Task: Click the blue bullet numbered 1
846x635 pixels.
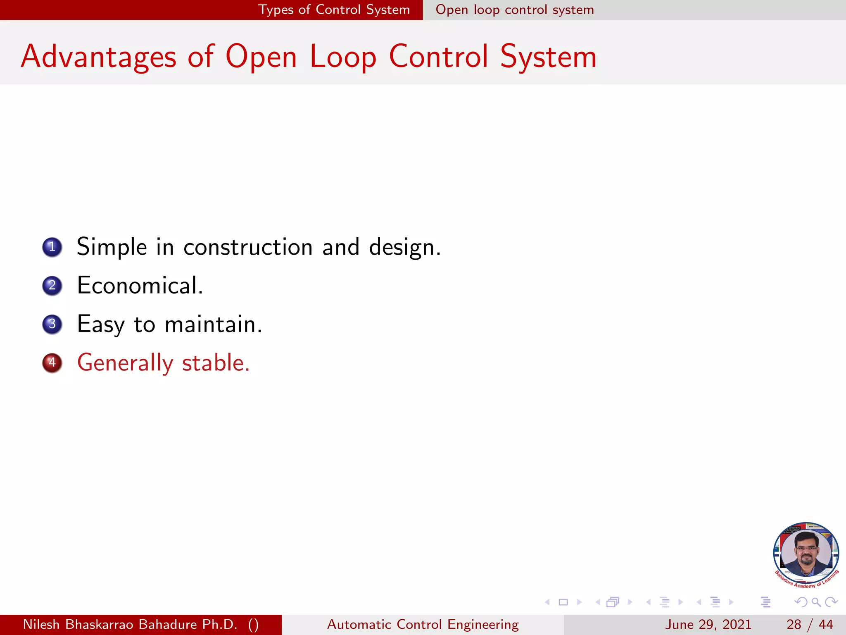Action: (52, 247)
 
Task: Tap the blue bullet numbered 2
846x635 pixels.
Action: (52, 286)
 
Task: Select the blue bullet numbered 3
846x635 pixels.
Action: (52, 324)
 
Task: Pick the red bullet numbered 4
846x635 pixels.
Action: (52, 363)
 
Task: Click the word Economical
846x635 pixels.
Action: (140, 286)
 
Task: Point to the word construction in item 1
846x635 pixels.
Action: (248, 247)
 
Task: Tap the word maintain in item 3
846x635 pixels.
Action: (213, 324)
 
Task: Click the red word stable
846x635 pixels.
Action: (216, 363)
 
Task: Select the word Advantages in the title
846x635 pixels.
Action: (99, 57)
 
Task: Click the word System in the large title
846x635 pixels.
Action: (548, 57)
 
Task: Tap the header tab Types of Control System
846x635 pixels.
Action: (334, 10)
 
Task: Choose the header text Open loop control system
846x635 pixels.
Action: (515, 10)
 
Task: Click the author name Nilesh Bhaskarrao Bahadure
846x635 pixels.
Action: (130, 624)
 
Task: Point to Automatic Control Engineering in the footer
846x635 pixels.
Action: (423, 624)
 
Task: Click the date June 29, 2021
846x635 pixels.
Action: (708, 624)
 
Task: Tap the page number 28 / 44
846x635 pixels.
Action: (809, 624)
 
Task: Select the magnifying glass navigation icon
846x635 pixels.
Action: (816, 602)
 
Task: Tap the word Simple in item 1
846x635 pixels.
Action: (112, 247)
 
